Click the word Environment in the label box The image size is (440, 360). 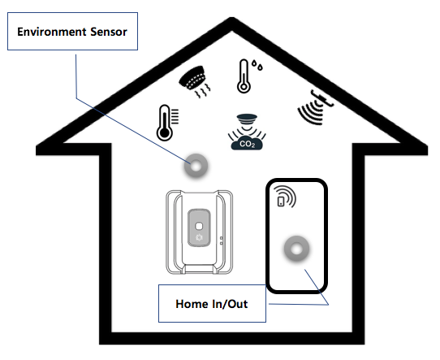point(52,32)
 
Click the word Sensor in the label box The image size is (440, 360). point(109,32)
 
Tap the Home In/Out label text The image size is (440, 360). point(212,304)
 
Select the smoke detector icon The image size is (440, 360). point(196,81)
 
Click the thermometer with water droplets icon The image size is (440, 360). point(249,76)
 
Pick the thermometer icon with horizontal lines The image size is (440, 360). point(167,123)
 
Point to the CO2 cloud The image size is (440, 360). point(247,143)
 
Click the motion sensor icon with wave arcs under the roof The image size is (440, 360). point(316,106)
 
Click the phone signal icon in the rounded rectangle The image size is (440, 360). point(285,197)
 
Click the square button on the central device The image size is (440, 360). point(199,226)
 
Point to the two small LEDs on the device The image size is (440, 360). point(222,241)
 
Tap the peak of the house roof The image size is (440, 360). point(232,20)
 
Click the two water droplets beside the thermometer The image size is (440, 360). point(257,64)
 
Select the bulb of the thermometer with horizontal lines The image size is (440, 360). point(165,133)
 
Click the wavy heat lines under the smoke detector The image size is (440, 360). point(202,92)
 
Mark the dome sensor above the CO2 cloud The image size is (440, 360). point(247,117)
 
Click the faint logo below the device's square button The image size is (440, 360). point(199,237)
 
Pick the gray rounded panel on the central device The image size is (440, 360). point(199,228)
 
